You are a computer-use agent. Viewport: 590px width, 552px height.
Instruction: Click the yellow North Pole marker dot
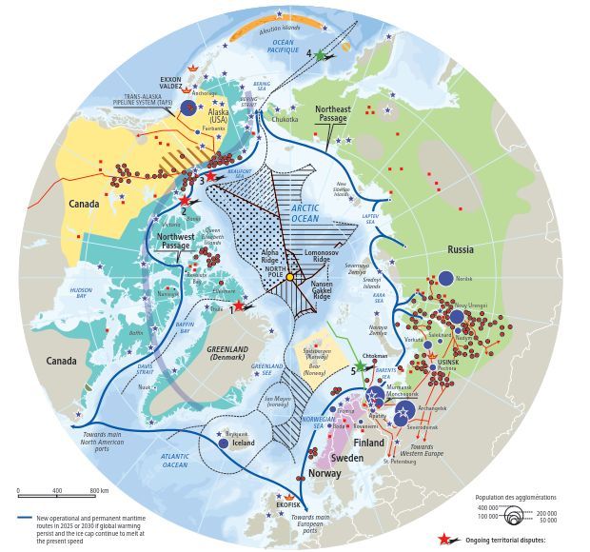coord(290,276)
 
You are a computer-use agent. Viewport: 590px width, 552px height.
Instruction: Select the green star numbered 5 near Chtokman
coord(363,369)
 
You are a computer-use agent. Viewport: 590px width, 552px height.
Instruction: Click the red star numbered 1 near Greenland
coord(240,305)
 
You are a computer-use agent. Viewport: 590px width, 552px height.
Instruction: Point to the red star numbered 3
coord(210,176)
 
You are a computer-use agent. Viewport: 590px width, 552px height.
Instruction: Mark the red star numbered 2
coord(186,201)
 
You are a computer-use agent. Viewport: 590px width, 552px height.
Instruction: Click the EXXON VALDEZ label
coord(170,83)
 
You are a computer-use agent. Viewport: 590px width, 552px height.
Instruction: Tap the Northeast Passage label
coord(333,114)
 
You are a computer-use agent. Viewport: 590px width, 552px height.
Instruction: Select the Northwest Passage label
coord(175,241)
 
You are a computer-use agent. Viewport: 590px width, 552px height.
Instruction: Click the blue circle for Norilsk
coord(445,279)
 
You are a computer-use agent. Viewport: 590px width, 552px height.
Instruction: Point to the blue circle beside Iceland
coord(223,444)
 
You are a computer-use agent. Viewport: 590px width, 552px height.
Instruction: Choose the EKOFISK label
coord(288,504)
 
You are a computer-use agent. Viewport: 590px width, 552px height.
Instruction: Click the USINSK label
coord(449,362)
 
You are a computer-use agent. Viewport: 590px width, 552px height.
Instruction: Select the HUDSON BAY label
coord(81,291)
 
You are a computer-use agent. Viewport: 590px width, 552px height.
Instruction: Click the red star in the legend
coord(443,539)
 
